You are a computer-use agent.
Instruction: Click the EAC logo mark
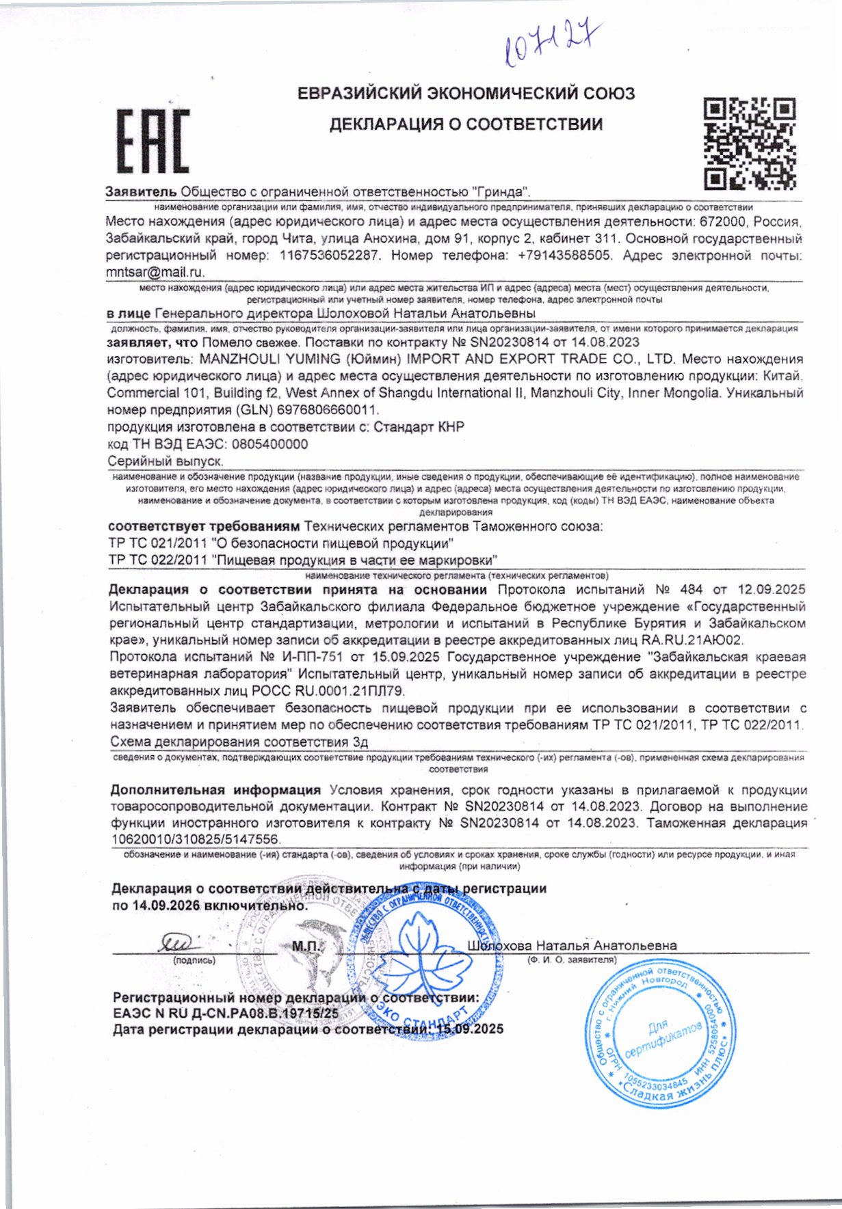coord(153,141)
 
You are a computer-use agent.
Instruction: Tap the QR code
coord(750,143)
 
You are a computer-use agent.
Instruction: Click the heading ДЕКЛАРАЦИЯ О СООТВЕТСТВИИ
coord(466,124)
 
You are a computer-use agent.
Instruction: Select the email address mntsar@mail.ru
coord(155,272)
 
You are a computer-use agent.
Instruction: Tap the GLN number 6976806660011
coord(327,410)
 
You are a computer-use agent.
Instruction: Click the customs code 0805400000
coord(270,444)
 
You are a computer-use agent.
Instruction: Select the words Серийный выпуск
coord(166,461)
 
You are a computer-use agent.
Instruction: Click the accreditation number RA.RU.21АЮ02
coord(692,640)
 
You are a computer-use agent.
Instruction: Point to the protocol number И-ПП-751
coord(311,657)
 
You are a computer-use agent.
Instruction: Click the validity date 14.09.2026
coord(166,906)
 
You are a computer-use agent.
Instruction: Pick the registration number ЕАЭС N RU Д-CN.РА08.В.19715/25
coord(226,1014)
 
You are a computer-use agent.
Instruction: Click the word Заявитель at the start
coord(141,192)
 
